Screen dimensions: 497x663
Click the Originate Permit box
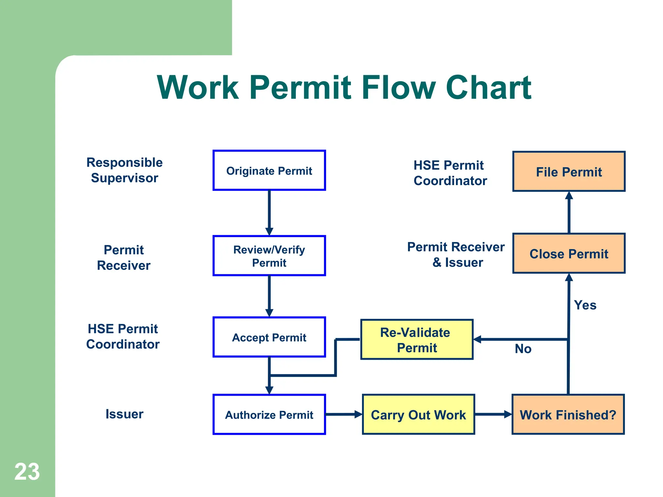click(x=269, y=171)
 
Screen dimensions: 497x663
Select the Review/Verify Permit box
click(x=269, y=256)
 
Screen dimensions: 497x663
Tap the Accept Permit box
click(x=269, y=337)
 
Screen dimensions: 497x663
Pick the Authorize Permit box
click(x=269, y=414)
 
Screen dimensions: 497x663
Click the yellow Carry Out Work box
click(x=418, y=414)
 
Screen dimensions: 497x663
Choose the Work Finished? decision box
click(x=568, y=414)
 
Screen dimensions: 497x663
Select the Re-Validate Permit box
click(x=417, y=339)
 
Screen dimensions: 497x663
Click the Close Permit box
click(x=569, y=253)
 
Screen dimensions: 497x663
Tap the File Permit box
click(x=569, y=171)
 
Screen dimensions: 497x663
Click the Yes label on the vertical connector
click(x=585, y=305)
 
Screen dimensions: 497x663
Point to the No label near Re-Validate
click(x=523, y=349)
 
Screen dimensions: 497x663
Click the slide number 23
click(x=27, y=472)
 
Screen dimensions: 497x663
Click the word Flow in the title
click(x=398, y=87)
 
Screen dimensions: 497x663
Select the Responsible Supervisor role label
click(x=125, y=170)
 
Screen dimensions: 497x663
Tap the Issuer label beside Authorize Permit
click(x=124, y=414)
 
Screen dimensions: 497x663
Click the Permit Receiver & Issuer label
click(x=456, y=255)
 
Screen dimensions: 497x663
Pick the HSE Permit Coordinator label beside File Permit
click(x=450, y=173)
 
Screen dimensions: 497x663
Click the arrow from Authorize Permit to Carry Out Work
click(x=343, y=414)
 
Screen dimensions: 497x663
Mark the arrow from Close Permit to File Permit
click(x=569, y=212)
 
